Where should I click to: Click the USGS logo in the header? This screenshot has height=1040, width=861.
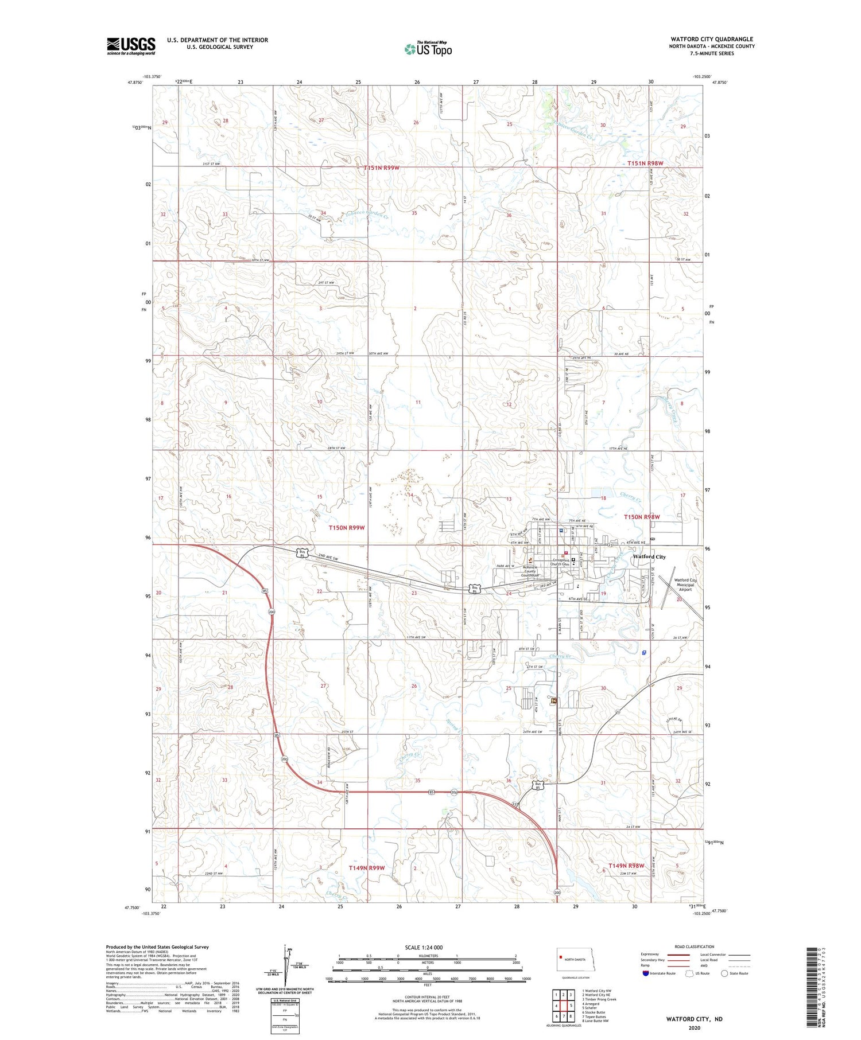tap(131, 46)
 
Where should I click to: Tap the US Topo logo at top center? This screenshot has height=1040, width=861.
tap(428, 49)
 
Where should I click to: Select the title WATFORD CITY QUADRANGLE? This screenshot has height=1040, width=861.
tap(711, 40)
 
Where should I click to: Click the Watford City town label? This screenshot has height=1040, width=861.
tap(649, 556)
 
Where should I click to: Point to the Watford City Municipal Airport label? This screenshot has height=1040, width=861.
tap(685, 585)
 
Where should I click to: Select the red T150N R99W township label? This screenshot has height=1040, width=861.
tap(347, 527)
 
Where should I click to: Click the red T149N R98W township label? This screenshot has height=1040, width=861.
tap(626, 866)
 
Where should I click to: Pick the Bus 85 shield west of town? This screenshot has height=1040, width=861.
tap(301, 553)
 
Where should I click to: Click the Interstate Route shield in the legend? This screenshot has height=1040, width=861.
tap(646, 973)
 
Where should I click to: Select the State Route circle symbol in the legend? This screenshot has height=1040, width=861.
tap(724, 973)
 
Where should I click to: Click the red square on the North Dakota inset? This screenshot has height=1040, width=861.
tap(561, 957)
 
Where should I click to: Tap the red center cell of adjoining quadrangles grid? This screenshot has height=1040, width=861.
tap(564, 1005)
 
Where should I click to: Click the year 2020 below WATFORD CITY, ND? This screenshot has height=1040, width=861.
tap(694, 1028)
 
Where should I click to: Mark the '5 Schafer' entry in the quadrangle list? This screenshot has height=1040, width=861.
tap(591, 1007)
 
